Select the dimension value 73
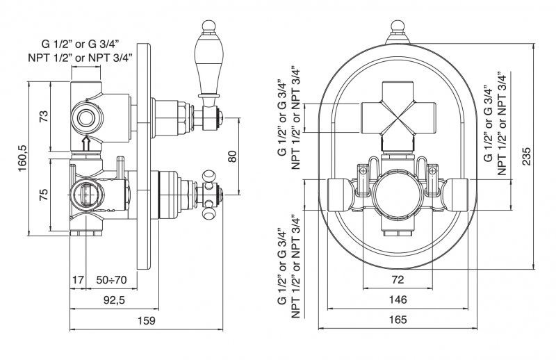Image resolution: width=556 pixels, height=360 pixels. coord(42,116)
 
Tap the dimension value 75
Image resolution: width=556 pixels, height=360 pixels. coord(42,195)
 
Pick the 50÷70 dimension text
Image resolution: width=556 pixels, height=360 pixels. coord(111,280)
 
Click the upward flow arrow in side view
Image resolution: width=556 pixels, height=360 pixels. coord(86,143)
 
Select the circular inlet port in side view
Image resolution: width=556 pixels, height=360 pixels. coord(87,117)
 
